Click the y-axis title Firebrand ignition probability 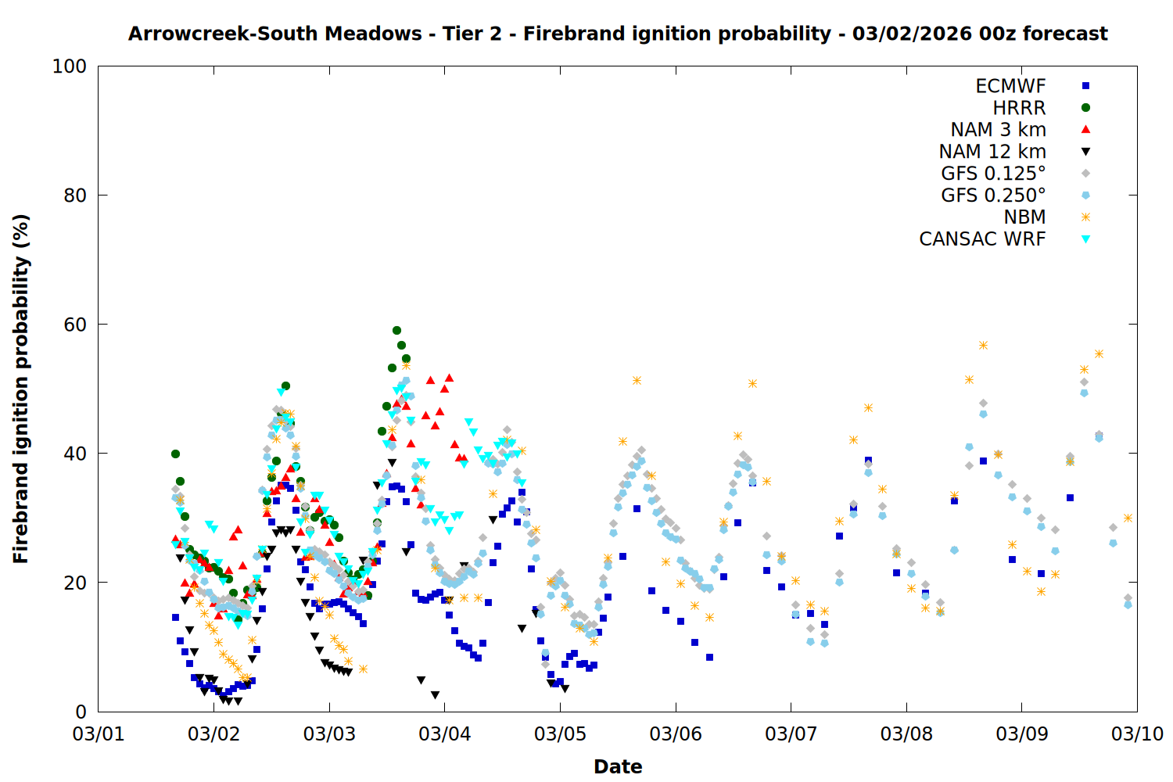click(21, 389)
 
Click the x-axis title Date click(618, 766)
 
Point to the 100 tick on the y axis click(70, 66)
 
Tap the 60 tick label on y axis click(75, 325)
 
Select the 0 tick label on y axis click(81, 712)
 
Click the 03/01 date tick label click(99, 734)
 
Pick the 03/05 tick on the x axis click(560, 734)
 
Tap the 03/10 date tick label click(1137, 734)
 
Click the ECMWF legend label click(1010, 86)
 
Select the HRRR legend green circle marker click(1085, 108)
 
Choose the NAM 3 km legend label click(998, 130)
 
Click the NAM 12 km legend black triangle click(1085, 152)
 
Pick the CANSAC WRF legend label click(982, 239)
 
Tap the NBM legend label click(1024, 217)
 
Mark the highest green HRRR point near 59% click(396, 331)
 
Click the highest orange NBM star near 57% click(983, 345)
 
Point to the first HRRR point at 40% click(175, 454)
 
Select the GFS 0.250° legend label click(993, 195)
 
